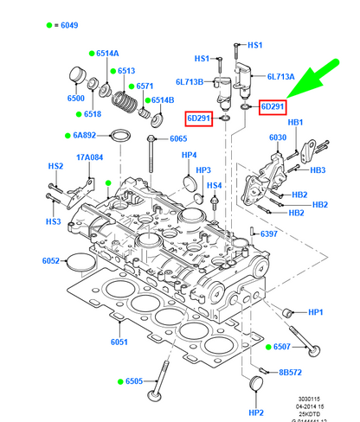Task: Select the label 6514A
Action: (x=107, y=54)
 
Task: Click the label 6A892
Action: (x=89, y=135)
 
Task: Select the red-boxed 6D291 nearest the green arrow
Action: (x=273, y=106)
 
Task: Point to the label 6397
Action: (x=269, y=234)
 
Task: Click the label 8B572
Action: (x=291, y=373)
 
